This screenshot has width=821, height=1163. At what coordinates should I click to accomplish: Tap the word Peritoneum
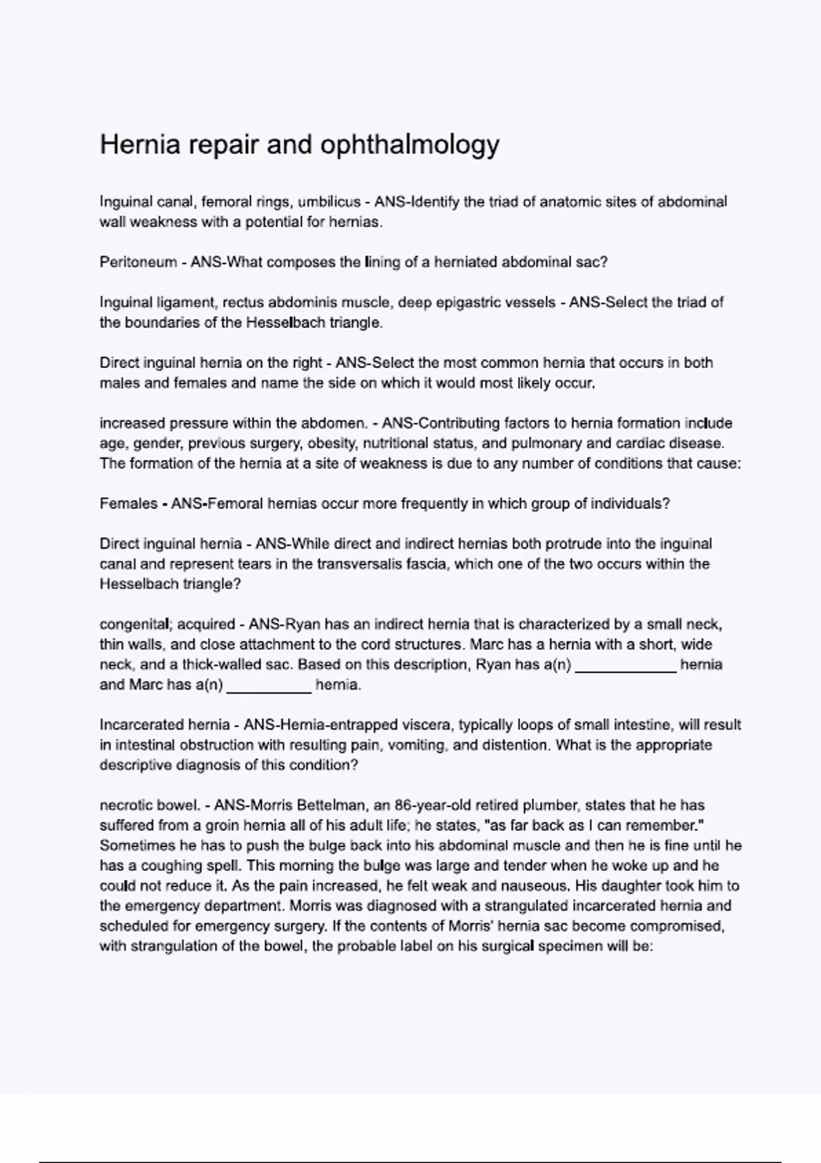coord(138,262)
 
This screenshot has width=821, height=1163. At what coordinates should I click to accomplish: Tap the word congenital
coord(134,625)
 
